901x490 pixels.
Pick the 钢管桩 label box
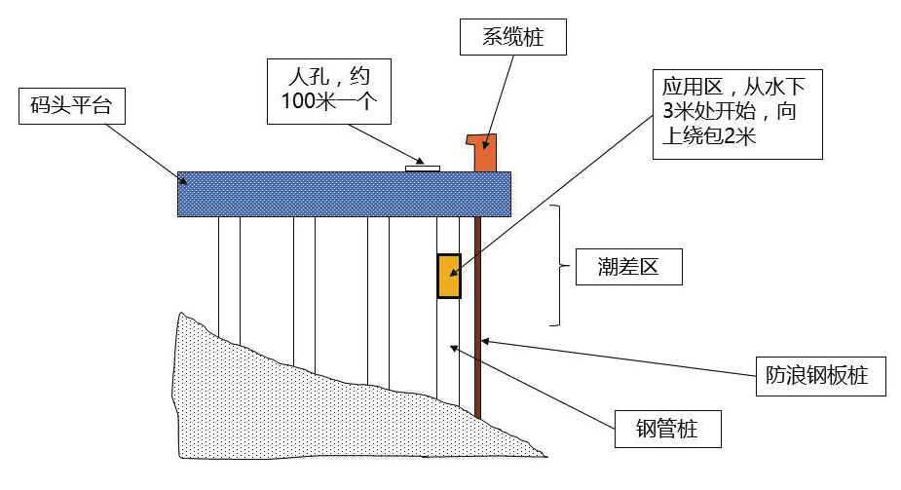(x=667, y=428)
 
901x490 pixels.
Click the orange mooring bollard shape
(x=485, y=152)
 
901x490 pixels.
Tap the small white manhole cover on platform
(x=422, y=169)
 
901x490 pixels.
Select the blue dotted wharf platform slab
(x=292, y=194)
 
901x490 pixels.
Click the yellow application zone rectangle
(x=448, y=276)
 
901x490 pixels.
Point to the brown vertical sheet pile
(x=477, y=321)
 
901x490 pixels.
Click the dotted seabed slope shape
(x=292, y=409)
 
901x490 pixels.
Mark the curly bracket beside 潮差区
(x=557, y=265)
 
